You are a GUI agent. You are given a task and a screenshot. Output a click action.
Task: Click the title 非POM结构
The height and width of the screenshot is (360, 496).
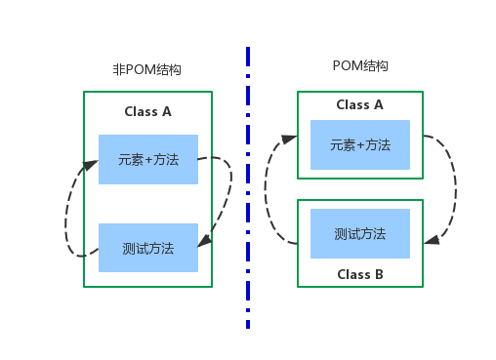coord(147,70)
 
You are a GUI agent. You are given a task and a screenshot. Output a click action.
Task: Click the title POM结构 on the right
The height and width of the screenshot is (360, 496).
coord(360,65)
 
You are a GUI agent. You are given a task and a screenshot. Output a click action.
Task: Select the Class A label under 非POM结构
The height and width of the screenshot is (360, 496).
coord(147,111)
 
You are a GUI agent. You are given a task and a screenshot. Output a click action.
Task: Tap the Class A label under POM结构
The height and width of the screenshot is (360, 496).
coord(359,104)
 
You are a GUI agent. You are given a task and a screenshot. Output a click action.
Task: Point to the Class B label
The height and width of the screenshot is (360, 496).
coord(359,274)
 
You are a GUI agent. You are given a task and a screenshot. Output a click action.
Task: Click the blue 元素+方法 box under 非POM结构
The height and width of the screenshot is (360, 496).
coord(147,159)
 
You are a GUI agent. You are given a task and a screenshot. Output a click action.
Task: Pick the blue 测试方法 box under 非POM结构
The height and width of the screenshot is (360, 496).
coord(147,248)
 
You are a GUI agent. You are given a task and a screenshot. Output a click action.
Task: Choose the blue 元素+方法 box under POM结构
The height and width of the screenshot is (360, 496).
coord(359,145)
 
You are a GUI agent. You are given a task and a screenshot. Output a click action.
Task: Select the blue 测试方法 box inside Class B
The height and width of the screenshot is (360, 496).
coord(359,234)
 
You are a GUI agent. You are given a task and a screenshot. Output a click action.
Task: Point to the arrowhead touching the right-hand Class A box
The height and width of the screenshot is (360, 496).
coord(290,140)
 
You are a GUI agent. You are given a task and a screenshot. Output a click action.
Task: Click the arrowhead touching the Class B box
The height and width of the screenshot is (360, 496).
coord(431,237)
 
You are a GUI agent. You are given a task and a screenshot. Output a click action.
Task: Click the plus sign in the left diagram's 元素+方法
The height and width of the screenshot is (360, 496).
coord(151,159)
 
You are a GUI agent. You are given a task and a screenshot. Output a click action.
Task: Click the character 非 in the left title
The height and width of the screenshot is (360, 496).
coord(119,70)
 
